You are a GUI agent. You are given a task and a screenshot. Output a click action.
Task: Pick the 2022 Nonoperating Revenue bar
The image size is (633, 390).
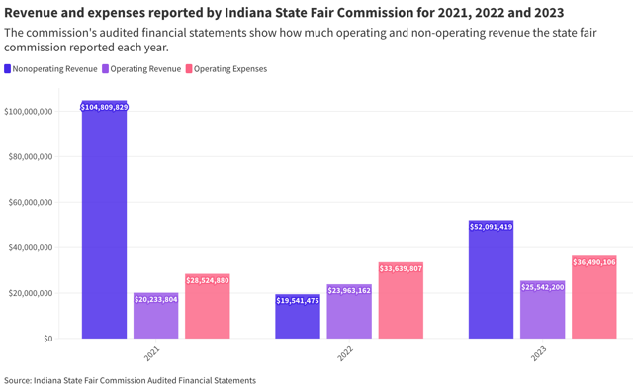pos(298,320)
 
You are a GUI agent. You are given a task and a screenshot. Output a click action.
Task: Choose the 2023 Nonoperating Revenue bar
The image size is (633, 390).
pos(491,282)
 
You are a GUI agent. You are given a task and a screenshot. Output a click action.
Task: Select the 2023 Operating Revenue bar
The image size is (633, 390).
pos(542,313)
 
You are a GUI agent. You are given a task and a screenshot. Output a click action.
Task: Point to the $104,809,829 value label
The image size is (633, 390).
pos(104,106)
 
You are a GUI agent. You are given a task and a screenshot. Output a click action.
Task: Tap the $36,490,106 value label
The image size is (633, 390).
pos(593,262)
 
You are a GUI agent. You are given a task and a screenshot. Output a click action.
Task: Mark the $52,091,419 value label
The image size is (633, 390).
pos(491,227)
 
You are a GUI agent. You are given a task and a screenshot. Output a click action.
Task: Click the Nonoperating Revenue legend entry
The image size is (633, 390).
pos(50,69)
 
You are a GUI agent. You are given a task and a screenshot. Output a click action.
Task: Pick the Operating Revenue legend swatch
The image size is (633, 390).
pos(105,69)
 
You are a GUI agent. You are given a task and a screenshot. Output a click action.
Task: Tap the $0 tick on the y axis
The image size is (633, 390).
pos(48,339)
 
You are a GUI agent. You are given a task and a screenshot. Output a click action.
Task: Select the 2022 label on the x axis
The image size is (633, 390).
pos(347,353)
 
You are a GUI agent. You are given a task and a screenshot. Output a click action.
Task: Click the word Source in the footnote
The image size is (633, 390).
pos(17,380)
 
